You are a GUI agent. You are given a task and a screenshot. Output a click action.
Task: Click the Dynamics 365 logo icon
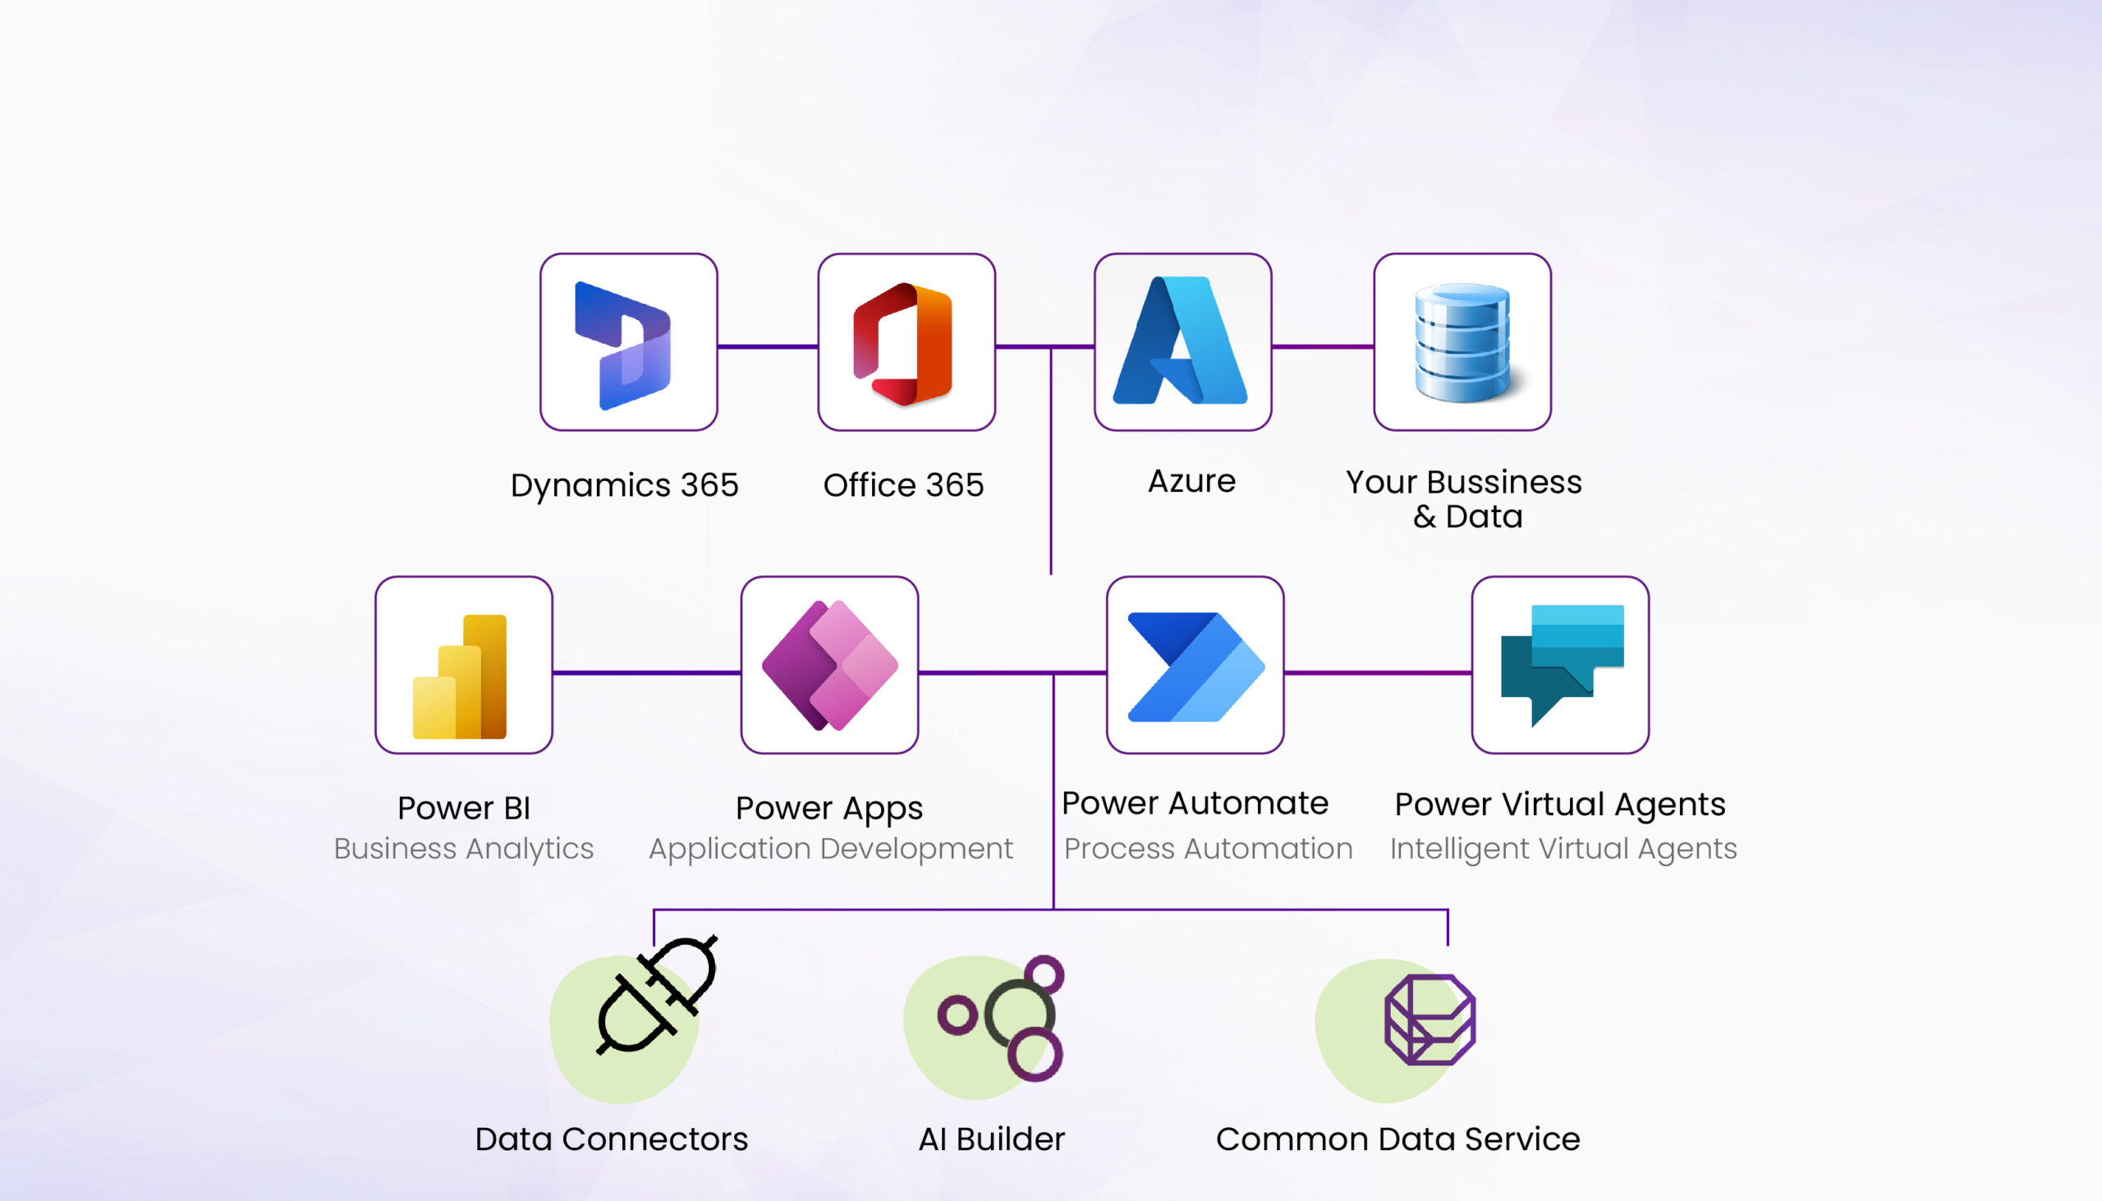point(623,346)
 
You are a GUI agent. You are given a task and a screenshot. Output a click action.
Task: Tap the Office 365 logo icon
point(902,344)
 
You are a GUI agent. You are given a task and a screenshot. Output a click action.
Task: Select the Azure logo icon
point(1180,340)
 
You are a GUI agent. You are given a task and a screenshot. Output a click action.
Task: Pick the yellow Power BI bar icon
point(460,676)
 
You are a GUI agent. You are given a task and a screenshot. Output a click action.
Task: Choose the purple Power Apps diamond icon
point(829,666)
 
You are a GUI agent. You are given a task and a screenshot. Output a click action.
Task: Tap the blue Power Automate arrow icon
point(1196,667)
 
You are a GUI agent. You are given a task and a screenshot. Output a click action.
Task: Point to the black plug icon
point(656,995)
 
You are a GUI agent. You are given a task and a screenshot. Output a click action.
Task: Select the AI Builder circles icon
point(1001,1018)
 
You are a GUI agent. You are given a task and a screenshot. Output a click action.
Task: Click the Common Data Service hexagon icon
point(1430,1020)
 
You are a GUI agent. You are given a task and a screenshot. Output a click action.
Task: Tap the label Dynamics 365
point(625,485)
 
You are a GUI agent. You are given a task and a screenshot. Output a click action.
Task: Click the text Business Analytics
point(464,849)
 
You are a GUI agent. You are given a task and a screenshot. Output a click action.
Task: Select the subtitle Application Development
point(831,849)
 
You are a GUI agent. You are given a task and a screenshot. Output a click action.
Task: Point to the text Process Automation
point(1208,848)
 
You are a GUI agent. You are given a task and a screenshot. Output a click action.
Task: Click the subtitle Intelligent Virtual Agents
point(1563,849)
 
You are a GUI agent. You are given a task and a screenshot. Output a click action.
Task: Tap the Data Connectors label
point(611,1139)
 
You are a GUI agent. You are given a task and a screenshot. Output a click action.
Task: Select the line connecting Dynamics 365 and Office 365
point(767,346)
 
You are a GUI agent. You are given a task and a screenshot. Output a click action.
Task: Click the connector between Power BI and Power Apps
point(646,673)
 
